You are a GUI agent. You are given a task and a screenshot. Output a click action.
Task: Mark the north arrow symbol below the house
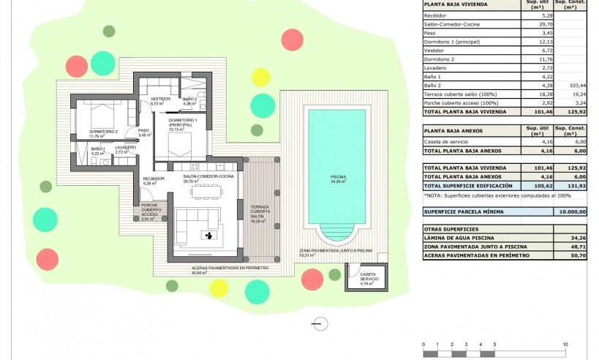pos(319,322)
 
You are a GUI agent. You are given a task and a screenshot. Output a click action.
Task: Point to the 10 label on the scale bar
pos(565,344)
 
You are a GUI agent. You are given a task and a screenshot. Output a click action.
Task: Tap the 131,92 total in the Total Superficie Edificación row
pos(571,187)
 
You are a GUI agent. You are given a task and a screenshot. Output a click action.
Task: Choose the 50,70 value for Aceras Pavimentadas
pos(571,256)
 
